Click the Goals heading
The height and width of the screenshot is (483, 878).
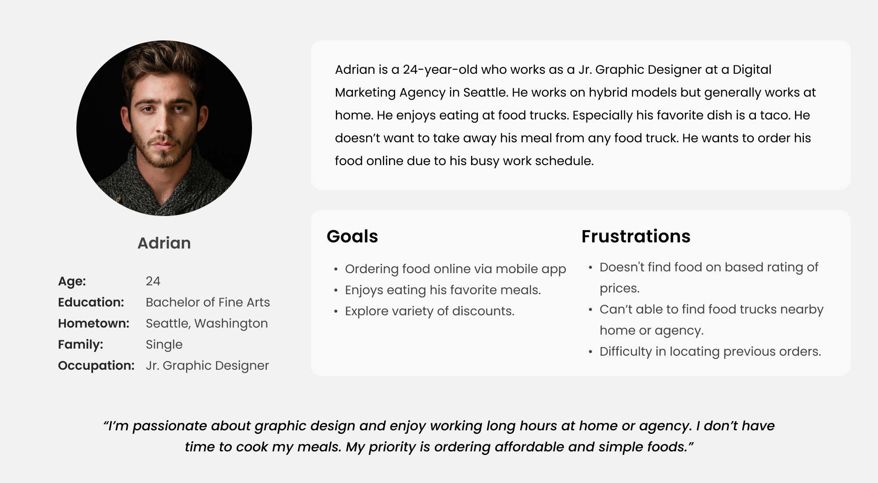point(352,236)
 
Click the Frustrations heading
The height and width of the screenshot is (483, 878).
point(636,236)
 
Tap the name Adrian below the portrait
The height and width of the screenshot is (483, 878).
point(164,243)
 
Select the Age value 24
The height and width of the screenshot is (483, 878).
point(153,281)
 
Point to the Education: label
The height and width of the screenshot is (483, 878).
point(91,302)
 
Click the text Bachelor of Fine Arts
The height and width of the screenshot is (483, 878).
point(208,302)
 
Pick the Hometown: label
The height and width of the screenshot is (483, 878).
point(94,323)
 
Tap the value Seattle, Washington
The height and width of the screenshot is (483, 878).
point(207,324)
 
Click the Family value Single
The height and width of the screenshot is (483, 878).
point(164,345)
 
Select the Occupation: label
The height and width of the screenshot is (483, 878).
point(96,366)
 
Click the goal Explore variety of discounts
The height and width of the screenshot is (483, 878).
point(429,311)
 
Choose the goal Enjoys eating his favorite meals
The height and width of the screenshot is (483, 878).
point(443,290)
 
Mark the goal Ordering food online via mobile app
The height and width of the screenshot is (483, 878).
point(455,269)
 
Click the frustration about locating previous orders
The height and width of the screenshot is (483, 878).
point(710,352)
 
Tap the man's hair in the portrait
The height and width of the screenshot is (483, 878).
point(163,66)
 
